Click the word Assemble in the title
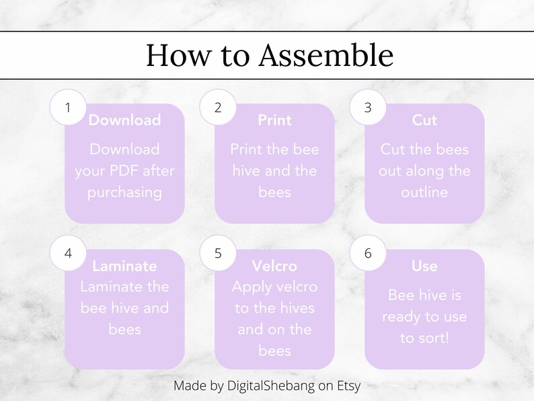(x=326, y=55)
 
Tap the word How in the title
(x=176, y=55)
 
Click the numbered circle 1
(x=67, y=107)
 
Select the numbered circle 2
(x=217, y=107)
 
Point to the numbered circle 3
(x=367, y=107)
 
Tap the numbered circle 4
(x=67, y=253)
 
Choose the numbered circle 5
(x=217, y=253)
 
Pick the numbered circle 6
(x=367, y=253)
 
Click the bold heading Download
(x=124, y=120)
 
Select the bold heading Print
(x=274, y=120)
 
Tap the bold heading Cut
(x=424, y=120)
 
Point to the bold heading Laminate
(x=124, y=266)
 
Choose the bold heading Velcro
(x=274, y=266)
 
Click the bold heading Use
(x=424, y=266)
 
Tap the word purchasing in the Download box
(x=124, y=192)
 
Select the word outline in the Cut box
(x=424, y=192)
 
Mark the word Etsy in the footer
(x=346, y=386)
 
